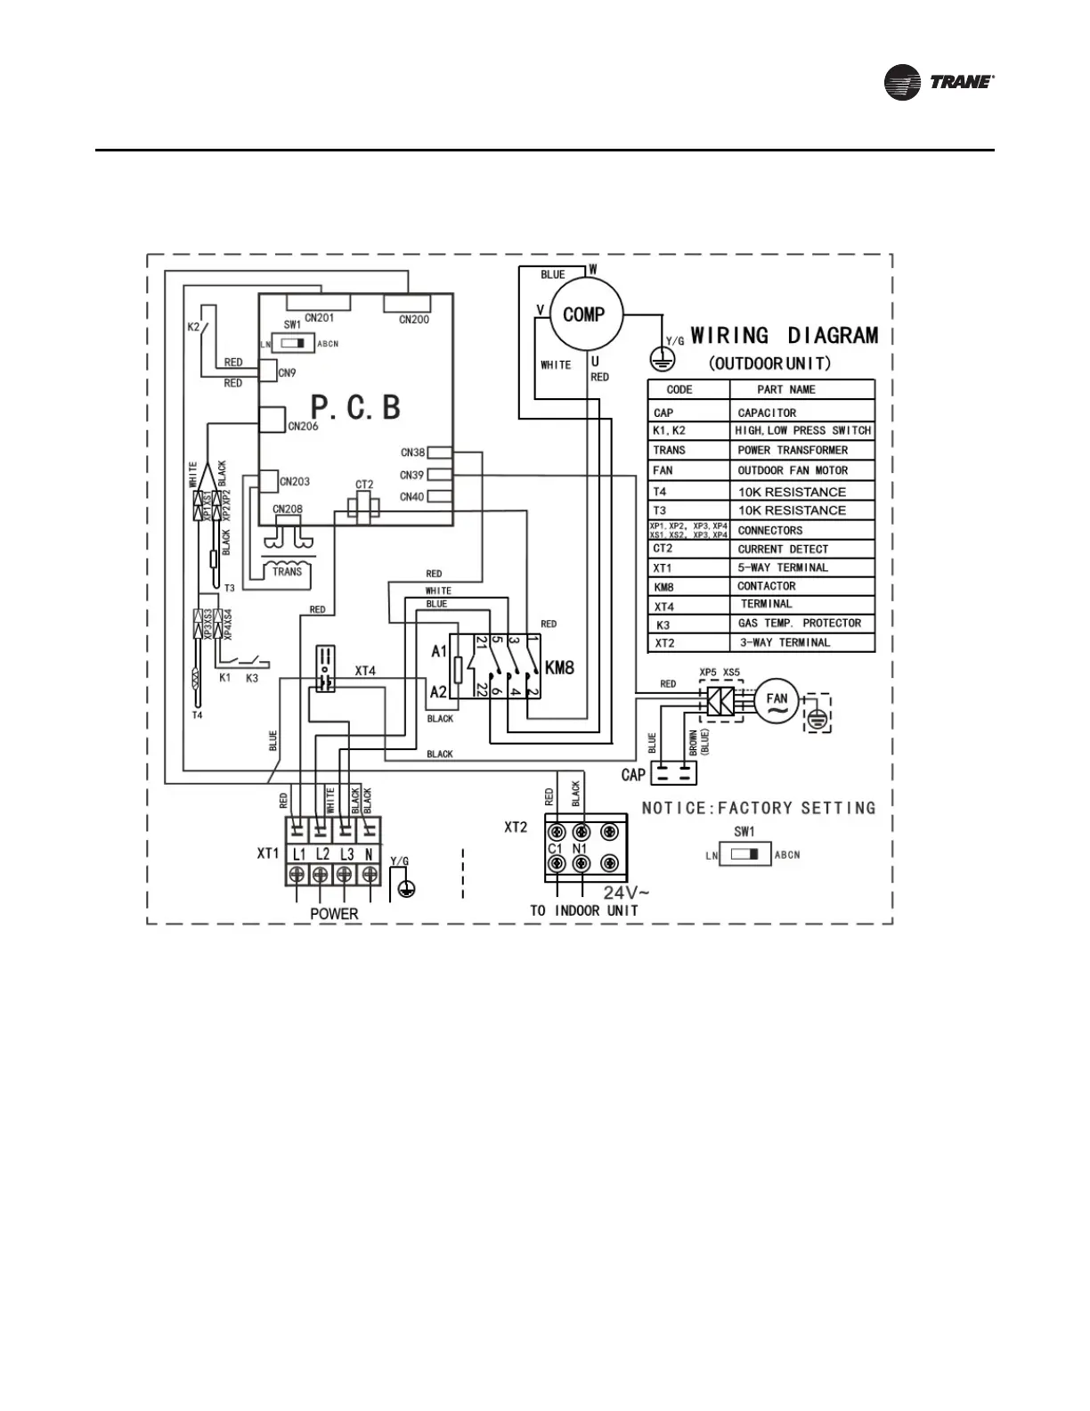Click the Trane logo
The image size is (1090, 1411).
[x=939, y=82]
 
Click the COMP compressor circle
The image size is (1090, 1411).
[x=584, y=314]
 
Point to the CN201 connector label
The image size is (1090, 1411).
[x=319, y=318]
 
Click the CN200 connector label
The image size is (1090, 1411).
[x=414, y=319]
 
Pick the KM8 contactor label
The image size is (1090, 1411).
[x=558, y=665]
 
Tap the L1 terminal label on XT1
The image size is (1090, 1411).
[x=298, y=853]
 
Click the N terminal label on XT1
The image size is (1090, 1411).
[x=367, y=853]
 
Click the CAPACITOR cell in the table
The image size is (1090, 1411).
[x=767, y=413]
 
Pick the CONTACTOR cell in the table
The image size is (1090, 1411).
[x=766, y=586]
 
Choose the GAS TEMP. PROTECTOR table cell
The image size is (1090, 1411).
[x=799, y=623]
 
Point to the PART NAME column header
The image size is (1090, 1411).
[x=785, y=389]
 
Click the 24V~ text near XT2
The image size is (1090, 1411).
[x=627, y=892]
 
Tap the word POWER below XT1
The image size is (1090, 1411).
[x=334, y=913]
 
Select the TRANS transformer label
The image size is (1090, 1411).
[x=287, y=571]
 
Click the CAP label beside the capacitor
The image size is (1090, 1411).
[x=633, y=774]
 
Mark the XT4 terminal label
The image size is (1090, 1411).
[x=365, y=670]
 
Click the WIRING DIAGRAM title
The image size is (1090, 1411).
[x=785, y=336]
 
